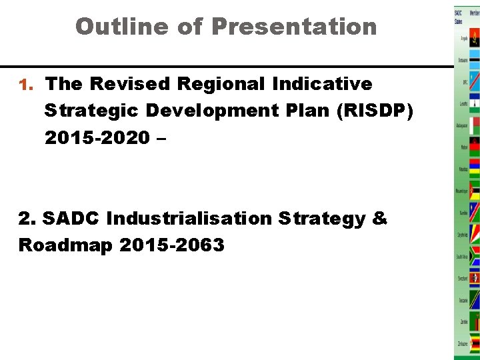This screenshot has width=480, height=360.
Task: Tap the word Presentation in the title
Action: pos(294,27)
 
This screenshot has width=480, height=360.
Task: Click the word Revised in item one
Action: pos(131,84)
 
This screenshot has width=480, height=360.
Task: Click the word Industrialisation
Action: pos(189,219)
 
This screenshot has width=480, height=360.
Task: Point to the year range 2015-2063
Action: pos(172,245)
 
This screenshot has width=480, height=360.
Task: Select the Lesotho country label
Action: pos(463,103)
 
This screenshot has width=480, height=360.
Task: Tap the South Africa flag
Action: pos(475,256)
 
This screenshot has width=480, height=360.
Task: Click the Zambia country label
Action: pos(463,321)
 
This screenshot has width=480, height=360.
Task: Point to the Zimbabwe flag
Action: pos(475,343)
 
